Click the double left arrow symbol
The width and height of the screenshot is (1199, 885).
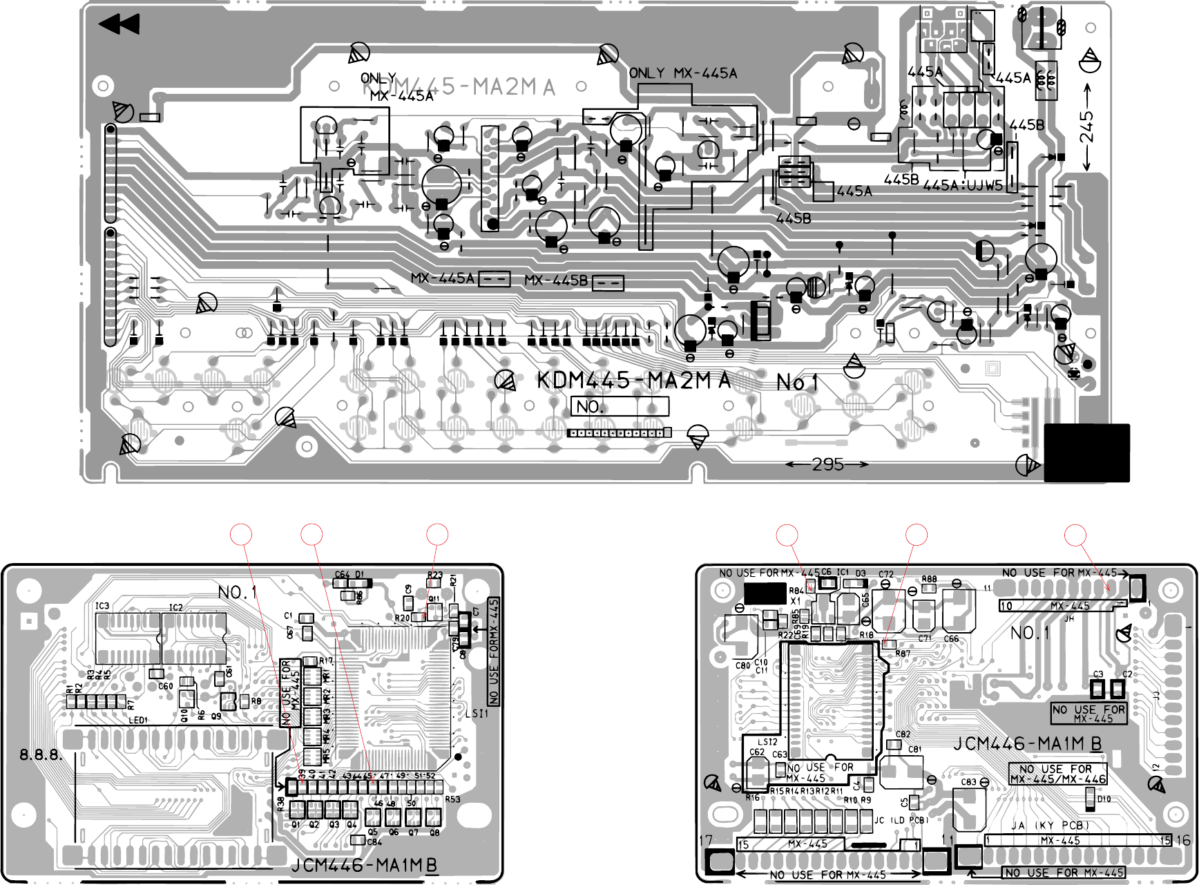(119, 25)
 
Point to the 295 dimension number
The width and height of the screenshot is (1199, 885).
(827, 464)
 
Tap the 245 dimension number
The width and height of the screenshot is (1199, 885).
(1086, 127)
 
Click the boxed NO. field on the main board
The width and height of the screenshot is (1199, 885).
(620, 406)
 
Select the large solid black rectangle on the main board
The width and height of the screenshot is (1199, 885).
(1086, 453)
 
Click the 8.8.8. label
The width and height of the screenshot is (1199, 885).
(41, 754)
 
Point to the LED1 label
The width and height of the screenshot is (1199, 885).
(138, 721)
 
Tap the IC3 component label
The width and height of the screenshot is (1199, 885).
(102, 606)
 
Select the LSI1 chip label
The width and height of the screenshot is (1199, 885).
(477, 714)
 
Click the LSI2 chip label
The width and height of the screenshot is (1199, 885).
(767, 742)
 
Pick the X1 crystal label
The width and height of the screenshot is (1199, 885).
(796, 601)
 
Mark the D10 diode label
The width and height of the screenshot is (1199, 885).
(1104, 799)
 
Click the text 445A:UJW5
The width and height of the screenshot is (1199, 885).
(962, 185)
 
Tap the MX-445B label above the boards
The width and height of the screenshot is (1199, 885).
(556, 280)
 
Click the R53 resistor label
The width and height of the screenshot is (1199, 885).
(452, 799)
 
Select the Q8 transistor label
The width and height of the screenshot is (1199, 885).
(434, 832)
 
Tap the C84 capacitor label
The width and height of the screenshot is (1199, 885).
(374, 841)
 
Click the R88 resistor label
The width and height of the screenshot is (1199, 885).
(929, 580)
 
